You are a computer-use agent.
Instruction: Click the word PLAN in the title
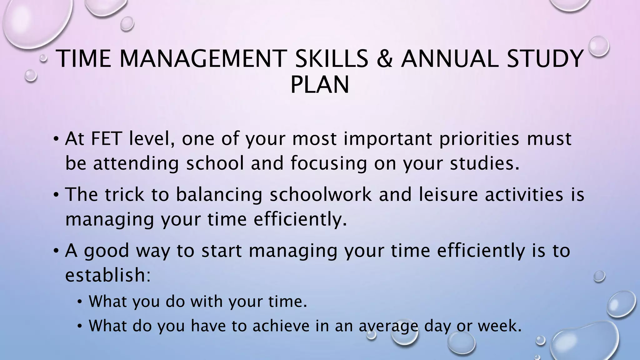point(320,85)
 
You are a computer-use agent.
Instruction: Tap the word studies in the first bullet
point(484,163)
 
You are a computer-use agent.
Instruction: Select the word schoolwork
point(321,194)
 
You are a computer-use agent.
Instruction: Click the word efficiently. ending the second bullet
point(300,219)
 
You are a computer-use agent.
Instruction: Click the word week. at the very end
point(500,326)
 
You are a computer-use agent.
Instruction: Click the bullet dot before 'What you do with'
point(80,302)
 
